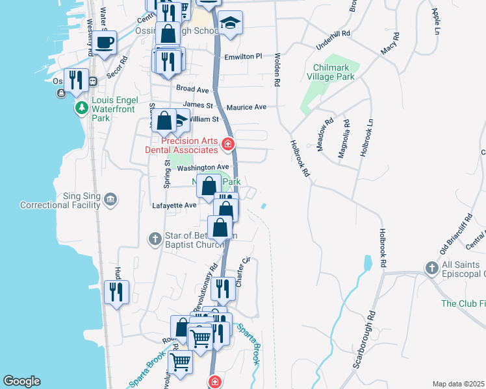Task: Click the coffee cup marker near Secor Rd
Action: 104,43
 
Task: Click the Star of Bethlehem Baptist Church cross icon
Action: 155,239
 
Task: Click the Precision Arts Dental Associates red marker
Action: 227,144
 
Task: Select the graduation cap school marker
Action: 229,24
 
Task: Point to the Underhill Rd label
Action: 333,33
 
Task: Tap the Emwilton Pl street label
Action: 243,56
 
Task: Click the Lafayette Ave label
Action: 173,206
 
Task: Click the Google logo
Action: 21,381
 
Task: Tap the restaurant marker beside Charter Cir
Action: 223,289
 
